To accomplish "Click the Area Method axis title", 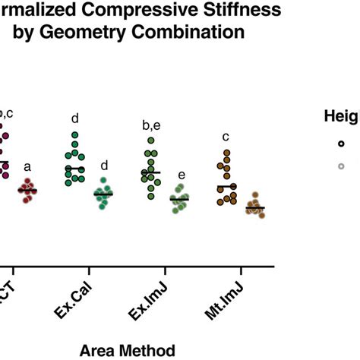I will click(x=127, y=349).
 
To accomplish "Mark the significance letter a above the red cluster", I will click(x=28, y=167).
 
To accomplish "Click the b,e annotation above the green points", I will click(x=150, y=124).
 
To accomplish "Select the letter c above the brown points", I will click(x=226, y=137).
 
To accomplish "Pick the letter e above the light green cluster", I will click(x=181, y=176).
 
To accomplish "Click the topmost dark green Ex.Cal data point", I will click(x=75, y=136).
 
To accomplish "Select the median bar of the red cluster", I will click(x=28, y=190).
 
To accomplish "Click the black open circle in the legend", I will click(x=341, y=143).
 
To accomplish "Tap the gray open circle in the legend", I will click(x=341, y=166).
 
